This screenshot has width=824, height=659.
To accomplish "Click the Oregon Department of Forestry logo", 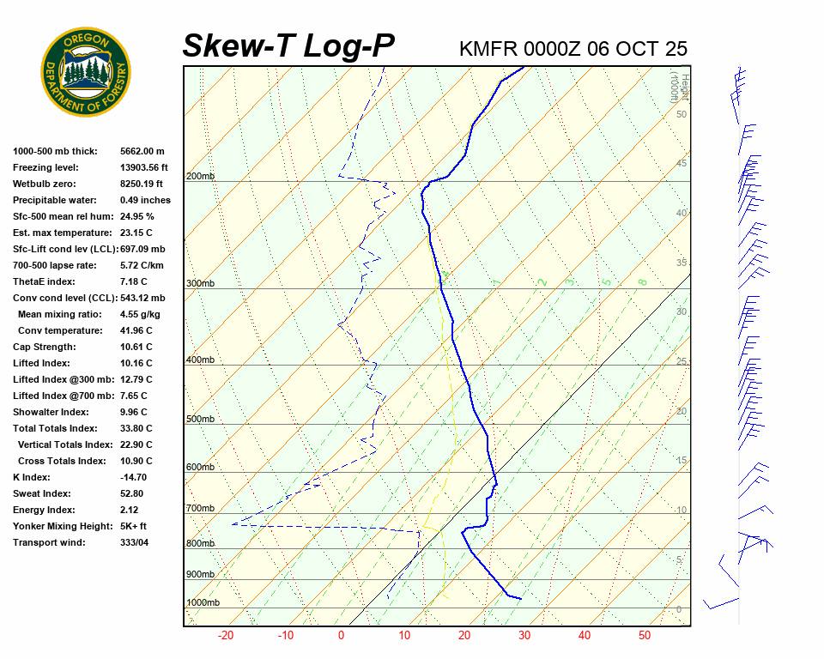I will pos(86,72).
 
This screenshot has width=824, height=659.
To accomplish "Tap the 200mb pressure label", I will pos(200,177).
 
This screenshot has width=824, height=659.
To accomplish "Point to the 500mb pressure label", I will pos(200,419).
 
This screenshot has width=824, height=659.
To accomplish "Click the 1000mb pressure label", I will pos(203,603).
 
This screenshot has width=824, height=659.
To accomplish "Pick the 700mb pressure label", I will pos(200,509).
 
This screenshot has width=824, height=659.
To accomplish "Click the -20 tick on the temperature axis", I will pos(226,636).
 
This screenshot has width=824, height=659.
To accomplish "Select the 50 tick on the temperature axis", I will pos(644,636).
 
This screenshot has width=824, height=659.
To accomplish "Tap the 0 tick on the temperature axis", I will pos(341,636).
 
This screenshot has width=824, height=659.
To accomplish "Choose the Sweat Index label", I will pos(41,493).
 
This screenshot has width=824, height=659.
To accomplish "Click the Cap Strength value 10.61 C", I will pos(136,347).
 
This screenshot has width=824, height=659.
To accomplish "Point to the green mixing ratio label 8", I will pos(642,281).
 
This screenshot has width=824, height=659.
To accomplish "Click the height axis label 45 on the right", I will pos(681,163).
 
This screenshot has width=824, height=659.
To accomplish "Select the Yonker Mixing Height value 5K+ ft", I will pos(133,526).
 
